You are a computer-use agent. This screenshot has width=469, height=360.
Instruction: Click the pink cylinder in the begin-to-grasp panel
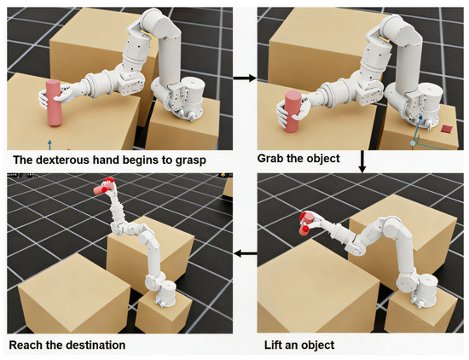pos(54,103)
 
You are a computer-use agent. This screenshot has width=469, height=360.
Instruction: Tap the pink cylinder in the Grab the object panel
pos(293,112)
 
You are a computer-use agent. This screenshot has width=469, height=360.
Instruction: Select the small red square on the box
pos(447,129)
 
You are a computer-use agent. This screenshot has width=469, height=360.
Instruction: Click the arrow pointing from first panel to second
pos(245,78)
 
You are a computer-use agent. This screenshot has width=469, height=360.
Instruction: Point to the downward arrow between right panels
pos(362,161)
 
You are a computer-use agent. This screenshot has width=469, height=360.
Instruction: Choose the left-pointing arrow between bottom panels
pos(246,253)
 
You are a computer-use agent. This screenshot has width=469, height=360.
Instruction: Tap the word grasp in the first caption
pos(191,161)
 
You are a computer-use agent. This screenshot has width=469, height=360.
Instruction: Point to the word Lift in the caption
pos(272,345)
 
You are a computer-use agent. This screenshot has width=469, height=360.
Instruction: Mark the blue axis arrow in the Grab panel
pos(417,130)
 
